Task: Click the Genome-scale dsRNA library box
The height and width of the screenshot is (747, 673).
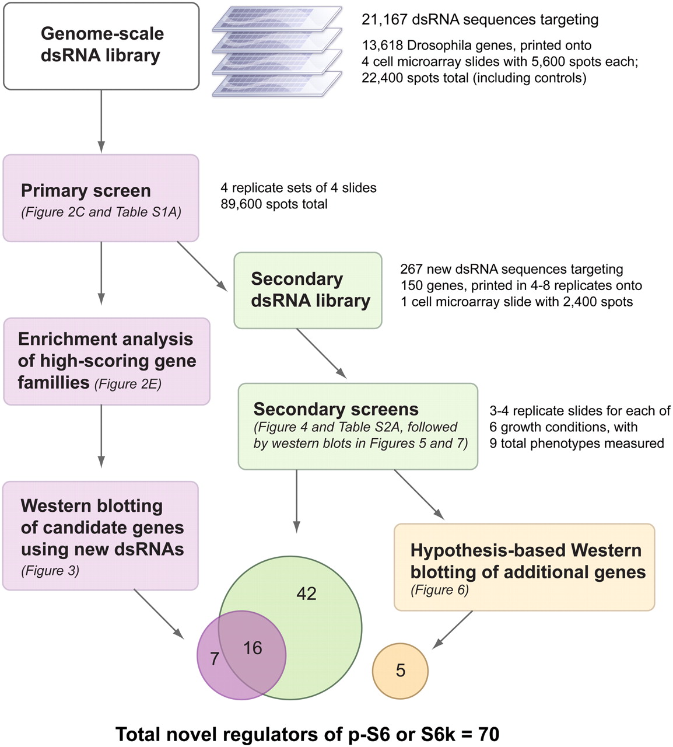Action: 101,46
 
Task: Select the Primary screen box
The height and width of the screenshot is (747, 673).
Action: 101,198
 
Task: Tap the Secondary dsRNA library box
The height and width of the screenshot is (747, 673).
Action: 308,290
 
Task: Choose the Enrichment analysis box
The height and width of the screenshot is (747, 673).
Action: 107,361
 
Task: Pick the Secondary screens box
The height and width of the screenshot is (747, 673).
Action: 357,426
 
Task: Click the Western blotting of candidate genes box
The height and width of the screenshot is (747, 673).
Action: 101,535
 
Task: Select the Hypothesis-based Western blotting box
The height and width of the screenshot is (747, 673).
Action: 524,567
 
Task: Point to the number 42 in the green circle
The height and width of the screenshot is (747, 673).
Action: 306,594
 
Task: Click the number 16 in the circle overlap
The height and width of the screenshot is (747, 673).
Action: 253,648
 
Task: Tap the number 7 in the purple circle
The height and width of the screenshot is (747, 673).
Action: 215,659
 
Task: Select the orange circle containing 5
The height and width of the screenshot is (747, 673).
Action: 400,671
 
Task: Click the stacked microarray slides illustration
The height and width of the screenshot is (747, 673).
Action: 276,51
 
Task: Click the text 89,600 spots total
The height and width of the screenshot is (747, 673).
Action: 274,204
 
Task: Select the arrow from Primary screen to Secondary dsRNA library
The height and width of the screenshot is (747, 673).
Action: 202,266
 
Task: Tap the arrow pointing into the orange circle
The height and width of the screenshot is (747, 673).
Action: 453,630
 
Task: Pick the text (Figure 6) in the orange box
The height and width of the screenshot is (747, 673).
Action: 440,590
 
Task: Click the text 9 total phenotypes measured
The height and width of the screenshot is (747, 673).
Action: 577,444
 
